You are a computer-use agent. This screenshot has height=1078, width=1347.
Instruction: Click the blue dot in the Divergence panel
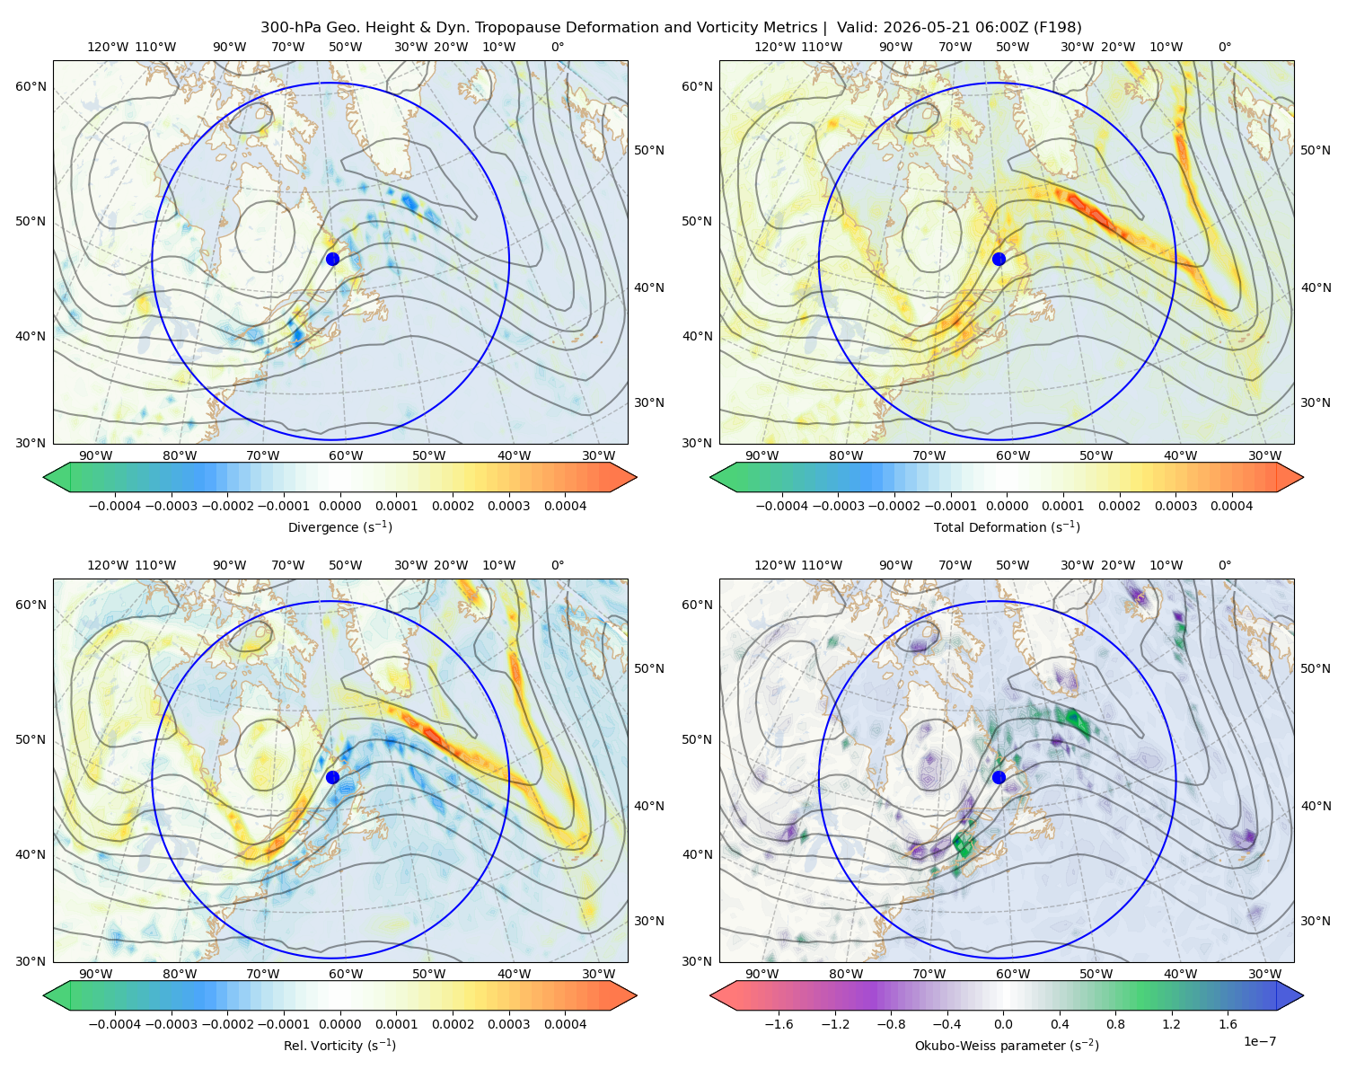click(x=332, y=259)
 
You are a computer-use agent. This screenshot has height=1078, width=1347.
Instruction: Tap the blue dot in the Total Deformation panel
click(x=999, y=259)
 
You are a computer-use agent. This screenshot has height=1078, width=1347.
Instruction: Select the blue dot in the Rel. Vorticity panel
click(x=332, y=777)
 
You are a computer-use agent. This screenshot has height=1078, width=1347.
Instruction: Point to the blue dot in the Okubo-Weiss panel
click(x=999, y=777)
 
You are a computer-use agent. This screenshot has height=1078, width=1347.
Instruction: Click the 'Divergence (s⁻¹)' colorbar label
click(x=339, y=526)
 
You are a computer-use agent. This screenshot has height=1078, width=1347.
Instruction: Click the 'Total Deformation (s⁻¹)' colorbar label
click(x=1007, y=526)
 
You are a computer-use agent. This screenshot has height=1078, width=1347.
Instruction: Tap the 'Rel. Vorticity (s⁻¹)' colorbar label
click(x=339, y=1046)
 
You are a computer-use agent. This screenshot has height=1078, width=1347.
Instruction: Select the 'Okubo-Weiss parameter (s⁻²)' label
click(x=1007, y=1046)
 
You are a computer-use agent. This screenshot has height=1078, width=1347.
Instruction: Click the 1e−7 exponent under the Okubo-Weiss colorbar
click(x=1259, y=1041)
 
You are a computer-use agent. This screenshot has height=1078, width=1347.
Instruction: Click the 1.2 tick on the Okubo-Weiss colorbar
click(x=1171, y=1024)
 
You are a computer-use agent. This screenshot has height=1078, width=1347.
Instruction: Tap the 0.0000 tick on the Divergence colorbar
click(x=339, y=506)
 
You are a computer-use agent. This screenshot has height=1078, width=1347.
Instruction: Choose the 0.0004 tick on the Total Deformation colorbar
click(x=1231, y=506)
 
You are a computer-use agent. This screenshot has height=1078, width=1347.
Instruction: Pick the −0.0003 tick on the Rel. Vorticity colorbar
click(x=171, y=1024)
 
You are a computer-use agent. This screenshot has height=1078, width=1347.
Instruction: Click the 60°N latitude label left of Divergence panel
click(x=31, y=86)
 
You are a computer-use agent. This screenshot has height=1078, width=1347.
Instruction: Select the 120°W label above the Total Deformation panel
click(x=774, y=47)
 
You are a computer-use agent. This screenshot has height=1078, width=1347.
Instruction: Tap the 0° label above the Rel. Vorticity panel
click(x=558, y=565)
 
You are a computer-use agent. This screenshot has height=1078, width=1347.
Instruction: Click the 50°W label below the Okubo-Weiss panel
click(x=1096, y=974)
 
